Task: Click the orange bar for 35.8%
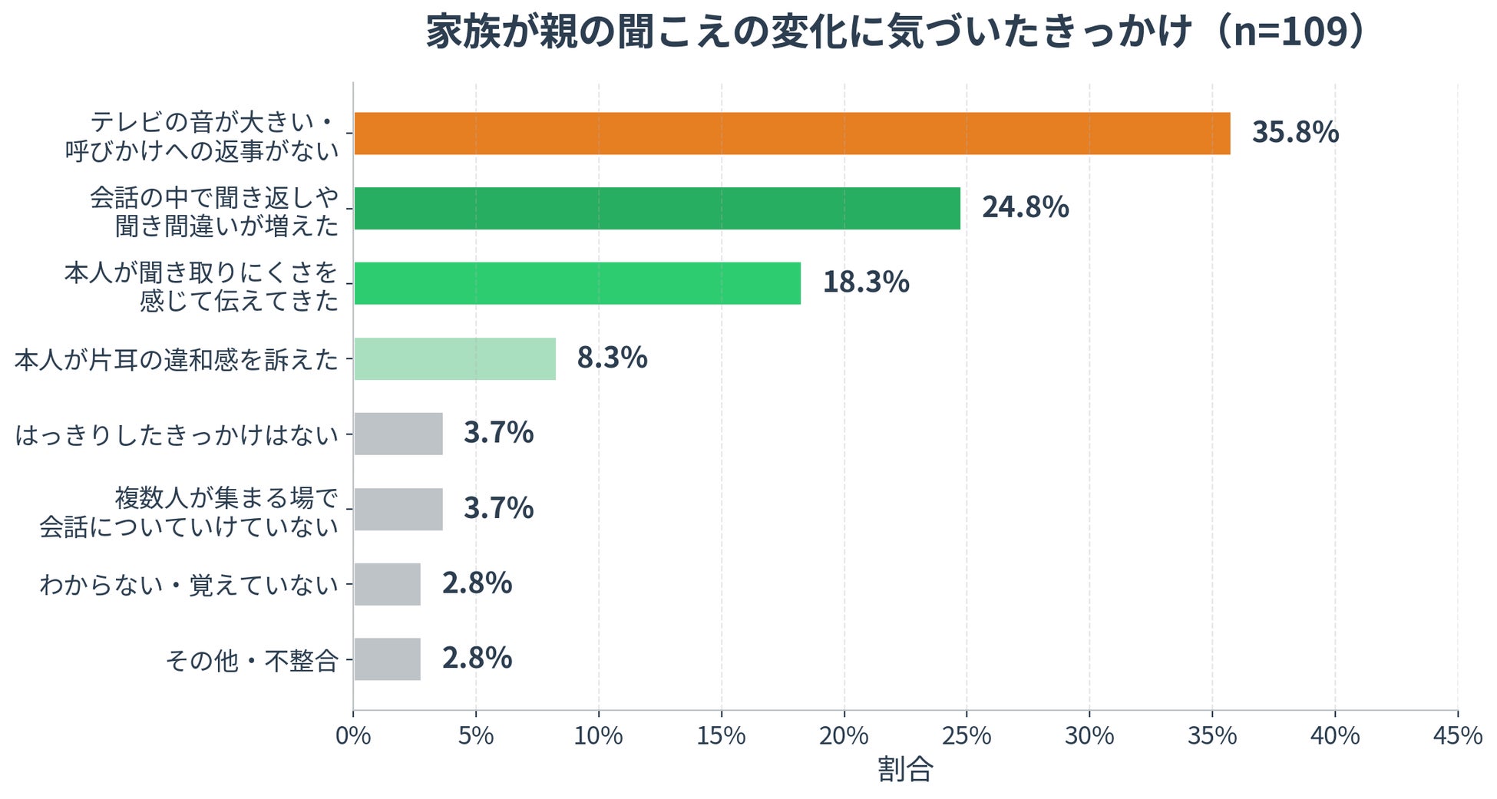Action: [x=791, y=134]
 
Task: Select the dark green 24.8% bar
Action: [x=657, y=208]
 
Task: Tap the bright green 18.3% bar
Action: [x=577, y=283]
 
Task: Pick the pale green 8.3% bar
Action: [x=454, y=358]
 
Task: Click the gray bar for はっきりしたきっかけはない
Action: [x=398, y=434]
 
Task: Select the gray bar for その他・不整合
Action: [x=387, y=659]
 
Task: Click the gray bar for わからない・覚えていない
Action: [x=387, y=584]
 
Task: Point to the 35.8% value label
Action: [x=1295, y=132]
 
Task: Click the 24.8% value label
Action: [x=1026, y=207]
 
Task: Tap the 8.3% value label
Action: [x=612, y=358]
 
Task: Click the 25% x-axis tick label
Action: [x=967, y=736]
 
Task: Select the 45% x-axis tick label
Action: [x=1458, y=736]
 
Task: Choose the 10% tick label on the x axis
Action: [x=599, y=736]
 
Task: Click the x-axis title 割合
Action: [x=905, y=769]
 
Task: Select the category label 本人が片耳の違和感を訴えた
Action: [x=177, y=359]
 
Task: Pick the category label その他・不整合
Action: [x=253, y=660]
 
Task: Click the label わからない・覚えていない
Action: [x=190, y=585]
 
